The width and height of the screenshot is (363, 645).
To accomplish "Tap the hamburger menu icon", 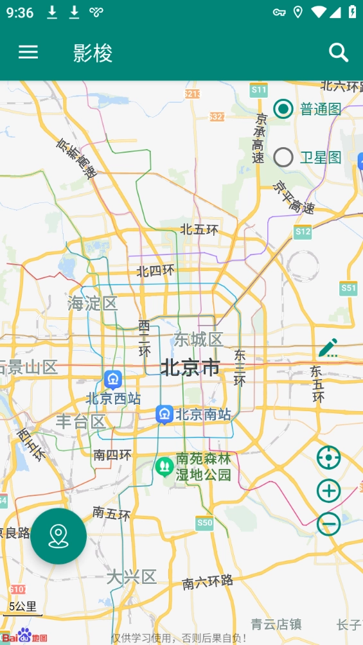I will tap(28, 53).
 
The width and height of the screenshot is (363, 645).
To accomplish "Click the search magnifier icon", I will tap(339, 53).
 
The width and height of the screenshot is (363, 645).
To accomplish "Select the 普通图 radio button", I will tap(283, 109).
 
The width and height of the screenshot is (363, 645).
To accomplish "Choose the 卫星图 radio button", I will tap(283, 157).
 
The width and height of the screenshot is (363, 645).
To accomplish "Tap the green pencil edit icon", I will tap(328, 348).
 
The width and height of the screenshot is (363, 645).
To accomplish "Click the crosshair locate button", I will tap(328, 458).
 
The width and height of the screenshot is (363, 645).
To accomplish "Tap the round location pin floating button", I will tap(58, 536).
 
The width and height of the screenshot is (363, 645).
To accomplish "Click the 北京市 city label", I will tap(190, 368).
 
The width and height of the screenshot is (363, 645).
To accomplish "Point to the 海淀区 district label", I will tap(93, 303).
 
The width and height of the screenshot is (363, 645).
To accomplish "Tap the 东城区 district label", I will tap(199, 339).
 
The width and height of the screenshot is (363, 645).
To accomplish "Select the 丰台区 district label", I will tap(80, 421).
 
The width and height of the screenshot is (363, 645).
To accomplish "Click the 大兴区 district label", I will tap(132, 576).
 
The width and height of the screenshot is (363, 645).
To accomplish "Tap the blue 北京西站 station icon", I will tap(113, 380).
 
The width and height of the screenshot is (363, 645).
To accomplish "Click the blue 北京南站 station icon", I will tap(164, 414).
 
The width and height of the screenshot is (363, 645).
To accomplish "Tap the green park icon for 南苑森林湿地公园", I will tap(164, 466).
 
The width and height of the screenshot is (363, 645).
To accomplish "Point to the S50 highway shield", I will tap(204, 523).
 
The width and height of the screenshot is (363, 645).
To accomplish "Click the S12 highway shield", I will tap(303, 231).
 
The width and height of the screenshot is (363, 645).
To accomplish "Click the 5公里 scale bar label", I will tap(22, 606).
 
